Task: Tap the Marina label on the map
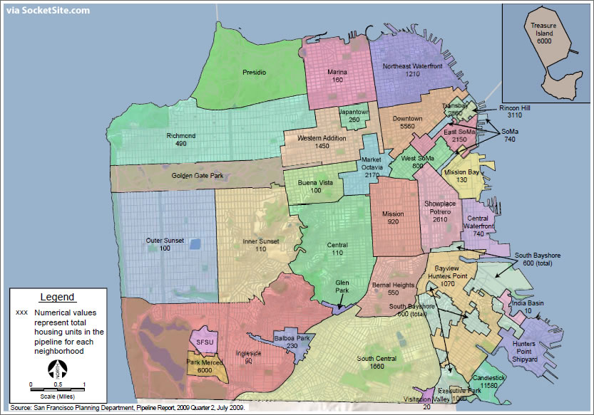click(337, 72)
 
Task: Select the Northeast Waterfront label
click(412, 66)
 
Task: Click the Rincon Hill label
click(515, 106)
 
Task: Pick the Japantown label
click(354, 112)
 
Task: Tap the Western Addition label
click(319, 137)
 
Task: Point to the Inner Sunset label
click(260, 241)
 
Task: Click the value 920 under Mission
click(392, 222)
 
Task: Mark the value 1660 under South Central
click(377, 366)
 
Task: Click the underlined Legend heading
click(57, 297)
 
